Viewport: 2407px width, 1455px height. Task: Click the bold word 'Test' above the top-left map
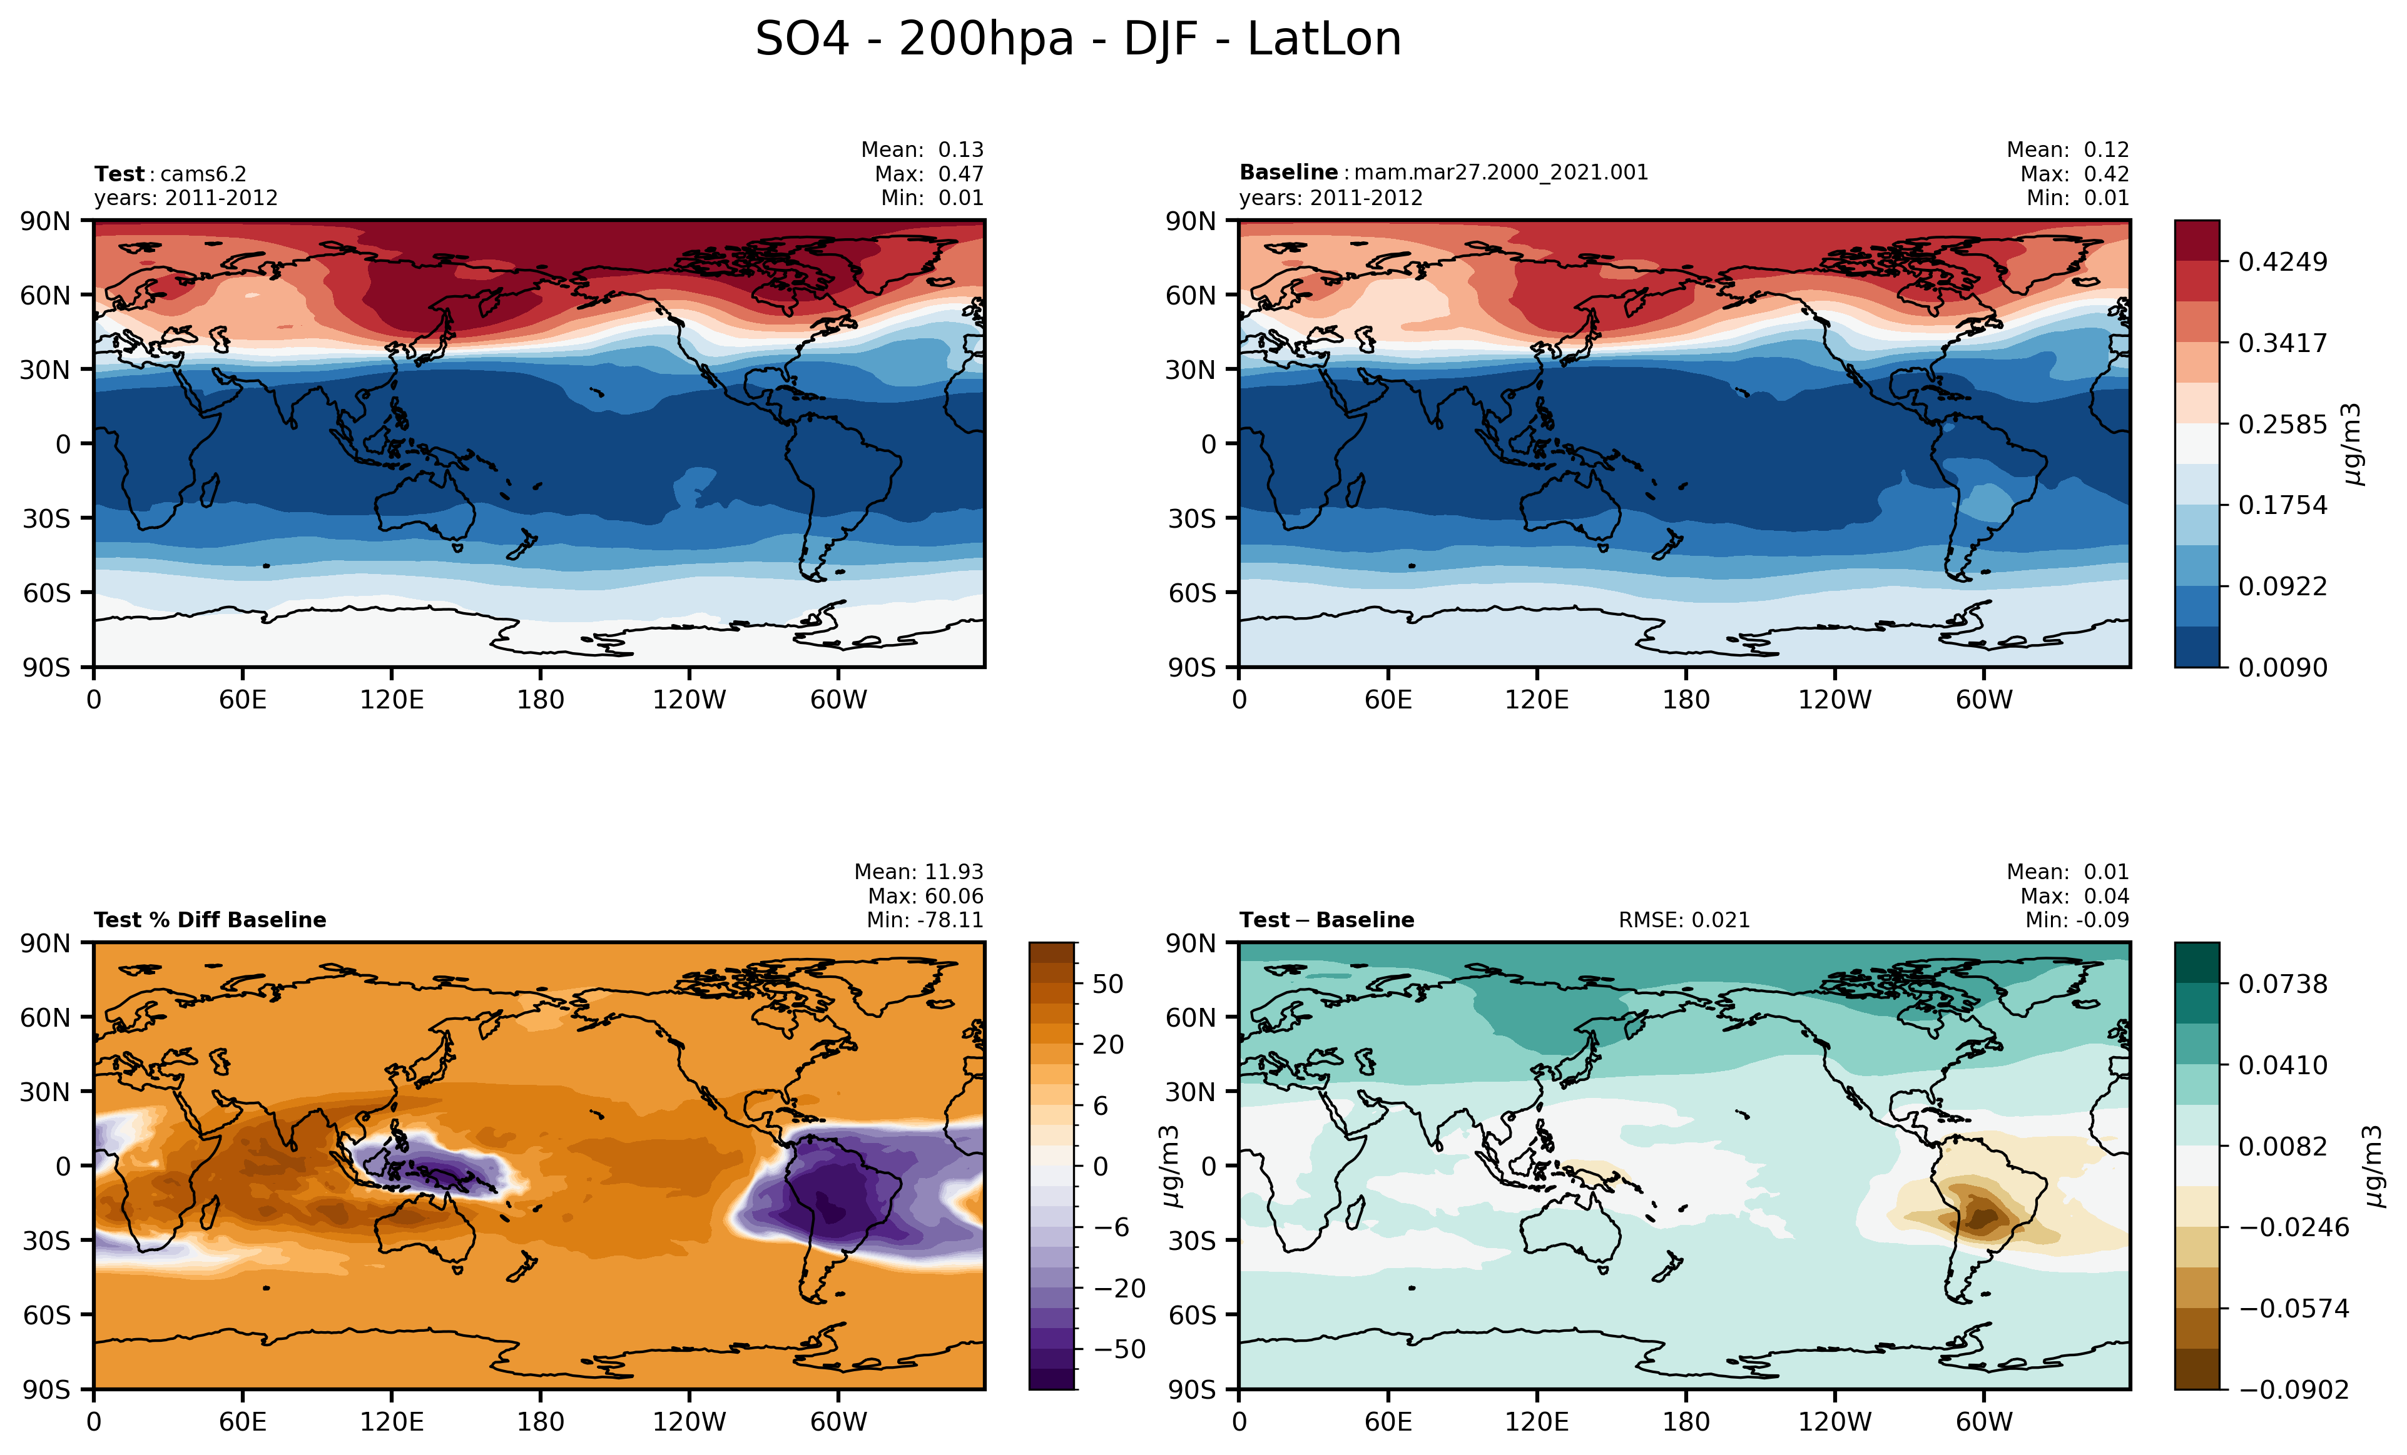click(119, 174)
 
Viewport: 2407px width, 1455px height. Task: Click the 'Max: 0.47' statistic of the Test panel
click(928, 174)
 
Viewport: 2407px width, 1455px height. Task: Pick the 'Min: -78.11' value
click(924, 920)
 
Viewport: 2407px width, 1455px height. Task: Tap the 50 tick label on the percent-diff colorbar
click(1107, 984)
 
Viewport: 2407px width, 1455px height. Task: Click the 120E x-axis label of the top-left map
click(392, 700)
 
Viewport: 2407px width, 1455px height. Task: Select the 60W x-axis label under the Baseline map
click(1984, 700)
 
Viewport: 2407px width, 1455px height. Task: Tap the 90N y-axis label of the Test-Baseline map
click(1190, 944)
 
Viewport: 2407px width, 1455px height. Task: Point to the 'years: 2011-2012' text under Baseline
click(1330, 197)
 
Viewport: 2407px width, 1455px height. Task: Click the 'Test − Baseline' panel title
click(1326, 920)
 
